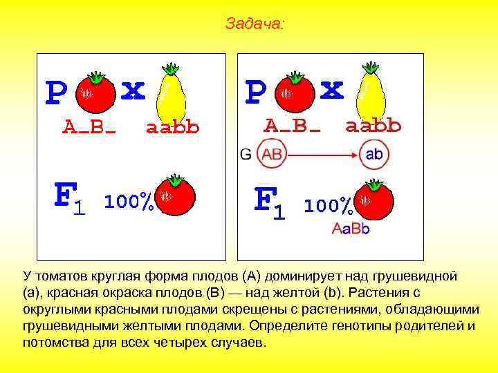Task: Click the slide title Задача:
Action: point(254,24)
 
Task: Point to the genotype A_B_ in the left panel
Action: point(89,127)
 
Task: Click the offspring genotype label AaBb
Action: point(351,229)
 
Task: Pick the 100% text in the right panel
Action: point(329,205)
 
